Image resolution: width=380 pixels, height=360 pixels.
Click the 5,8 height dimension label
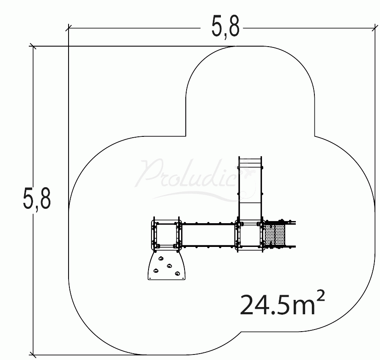[x=37, y=199]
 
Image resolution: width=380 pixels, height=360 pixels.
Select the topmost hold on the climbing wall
[x=161, y=259]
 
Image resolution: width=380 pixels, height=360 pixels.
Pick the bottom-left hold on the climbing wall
[x=156, y=271]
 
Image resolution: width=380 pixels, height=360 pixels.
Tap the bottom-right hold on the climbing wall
[x=178, y=274]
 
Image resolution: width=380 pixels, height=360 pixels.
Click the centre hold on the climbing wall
[x=169, y=266]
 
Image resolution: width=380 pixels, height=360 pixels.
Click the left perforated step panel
[x=270, y=235]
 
